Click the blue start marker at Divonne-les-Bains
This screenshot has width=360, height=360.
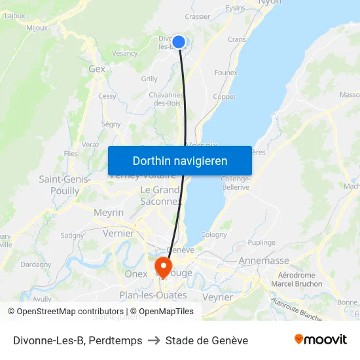coord(178,43)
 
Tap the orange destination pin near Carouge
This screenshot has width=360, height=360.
coord(162,266)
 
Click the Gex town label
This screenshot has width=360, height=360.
coord(97,69)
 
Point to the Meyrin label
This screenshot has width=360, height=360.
coord(109,213)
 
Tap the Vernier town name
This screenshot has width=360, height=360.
coord(118,234)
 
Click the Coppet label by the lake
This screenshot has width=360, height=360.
coord(225,97)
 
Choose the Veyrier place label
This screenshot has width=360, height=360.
coord(218,297)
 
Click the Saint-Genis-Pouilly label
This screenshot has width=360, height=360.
coord(60,185)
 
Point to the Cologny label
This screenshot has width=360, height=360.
coord(214,234)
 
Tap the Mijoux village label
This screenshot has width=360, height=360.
coord(37,28)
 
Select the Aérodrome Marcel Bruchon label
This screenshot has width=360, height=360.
coord(297,279)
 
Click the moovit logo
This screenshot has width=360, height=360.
coord(321,339)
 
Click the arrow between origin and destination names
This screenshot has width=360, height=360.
coord(154,340)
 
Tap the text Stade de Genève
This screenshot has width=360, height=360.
coord(207,340)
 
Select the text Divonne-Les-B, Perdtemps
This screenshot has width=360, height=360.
coord(78,340)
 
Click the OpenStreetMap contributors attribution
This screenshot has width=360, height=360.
coord(66,312)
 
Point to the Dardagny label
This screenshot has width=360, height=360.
coord(36,264)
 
